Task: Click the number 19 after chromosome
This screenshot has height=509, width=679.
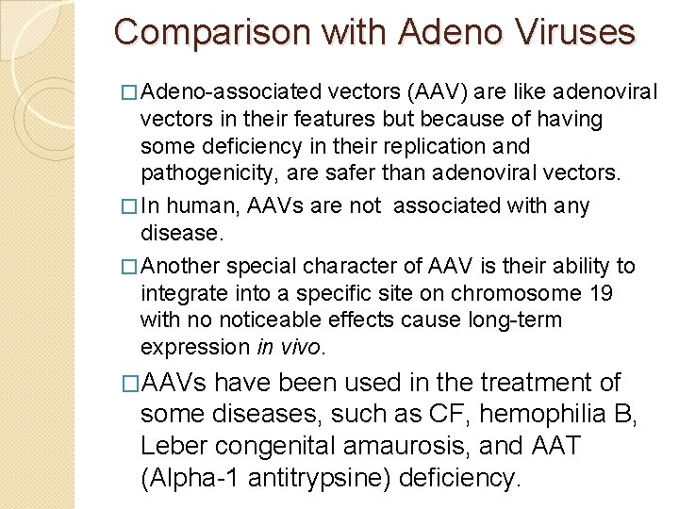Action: click(600, 293)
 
